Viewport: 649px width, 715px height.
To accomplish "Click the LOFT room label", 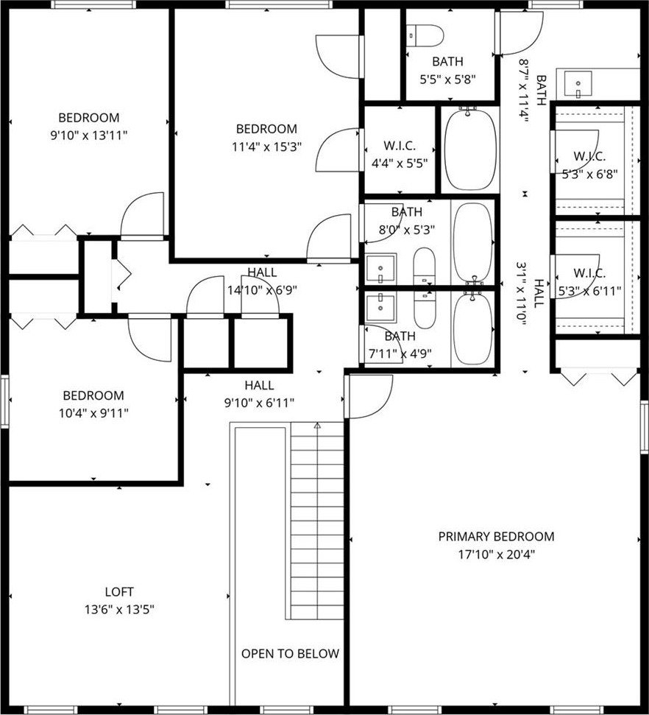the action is (x=119, y=592).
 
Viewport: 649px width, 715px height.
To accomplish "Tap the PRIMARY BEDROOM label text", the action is (x=497, y=536).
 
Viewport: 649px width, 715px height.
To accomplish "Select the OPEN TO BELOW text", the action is (x=291, y=653).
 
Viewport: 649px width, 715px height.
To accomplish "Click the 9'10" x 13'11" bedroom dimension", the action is (x=88, y=135).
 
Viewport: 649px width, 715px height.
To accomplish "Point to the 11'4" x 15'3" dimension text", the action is (x=266, y=147).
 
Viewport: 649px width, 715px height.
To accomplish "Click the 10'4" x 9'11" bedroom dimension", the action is (x=93, y=413).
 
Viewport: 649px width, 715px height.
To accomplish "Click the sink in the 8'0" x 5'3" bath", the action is (x=380, y=269).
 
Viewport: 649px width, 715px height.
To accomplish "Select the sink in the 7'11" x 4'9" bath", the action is (x=380, y=308).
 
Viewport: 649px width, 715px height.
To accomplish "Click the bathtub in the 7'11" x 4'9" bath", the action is (x=474, y=328).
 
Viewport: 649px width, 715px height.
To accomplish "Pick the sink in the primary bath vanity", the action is (x=578, y=84).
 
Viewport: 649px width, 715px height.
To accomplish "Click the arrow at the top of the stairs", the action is (x=317, y=426).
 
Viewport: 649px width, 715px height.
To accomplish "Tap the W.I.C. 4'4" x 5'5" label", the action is (x=400, y=155).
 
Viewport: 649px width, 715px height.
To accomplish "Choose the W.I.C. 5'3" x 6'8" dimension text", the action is (x=589, y=175).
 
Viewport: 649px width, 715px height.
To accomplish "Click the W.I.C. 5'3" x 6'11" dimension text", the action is (x=589, y=291).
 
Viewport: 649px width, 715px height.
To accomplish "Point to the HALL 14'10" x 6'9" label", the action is (x=262, y=281).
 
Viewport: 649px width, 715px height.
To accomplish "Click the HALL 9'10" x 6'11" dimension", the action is (x=259, y=403).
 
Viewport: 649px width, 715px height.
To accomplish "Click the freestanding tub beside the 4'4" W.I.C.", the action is (x=470, y=148).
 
